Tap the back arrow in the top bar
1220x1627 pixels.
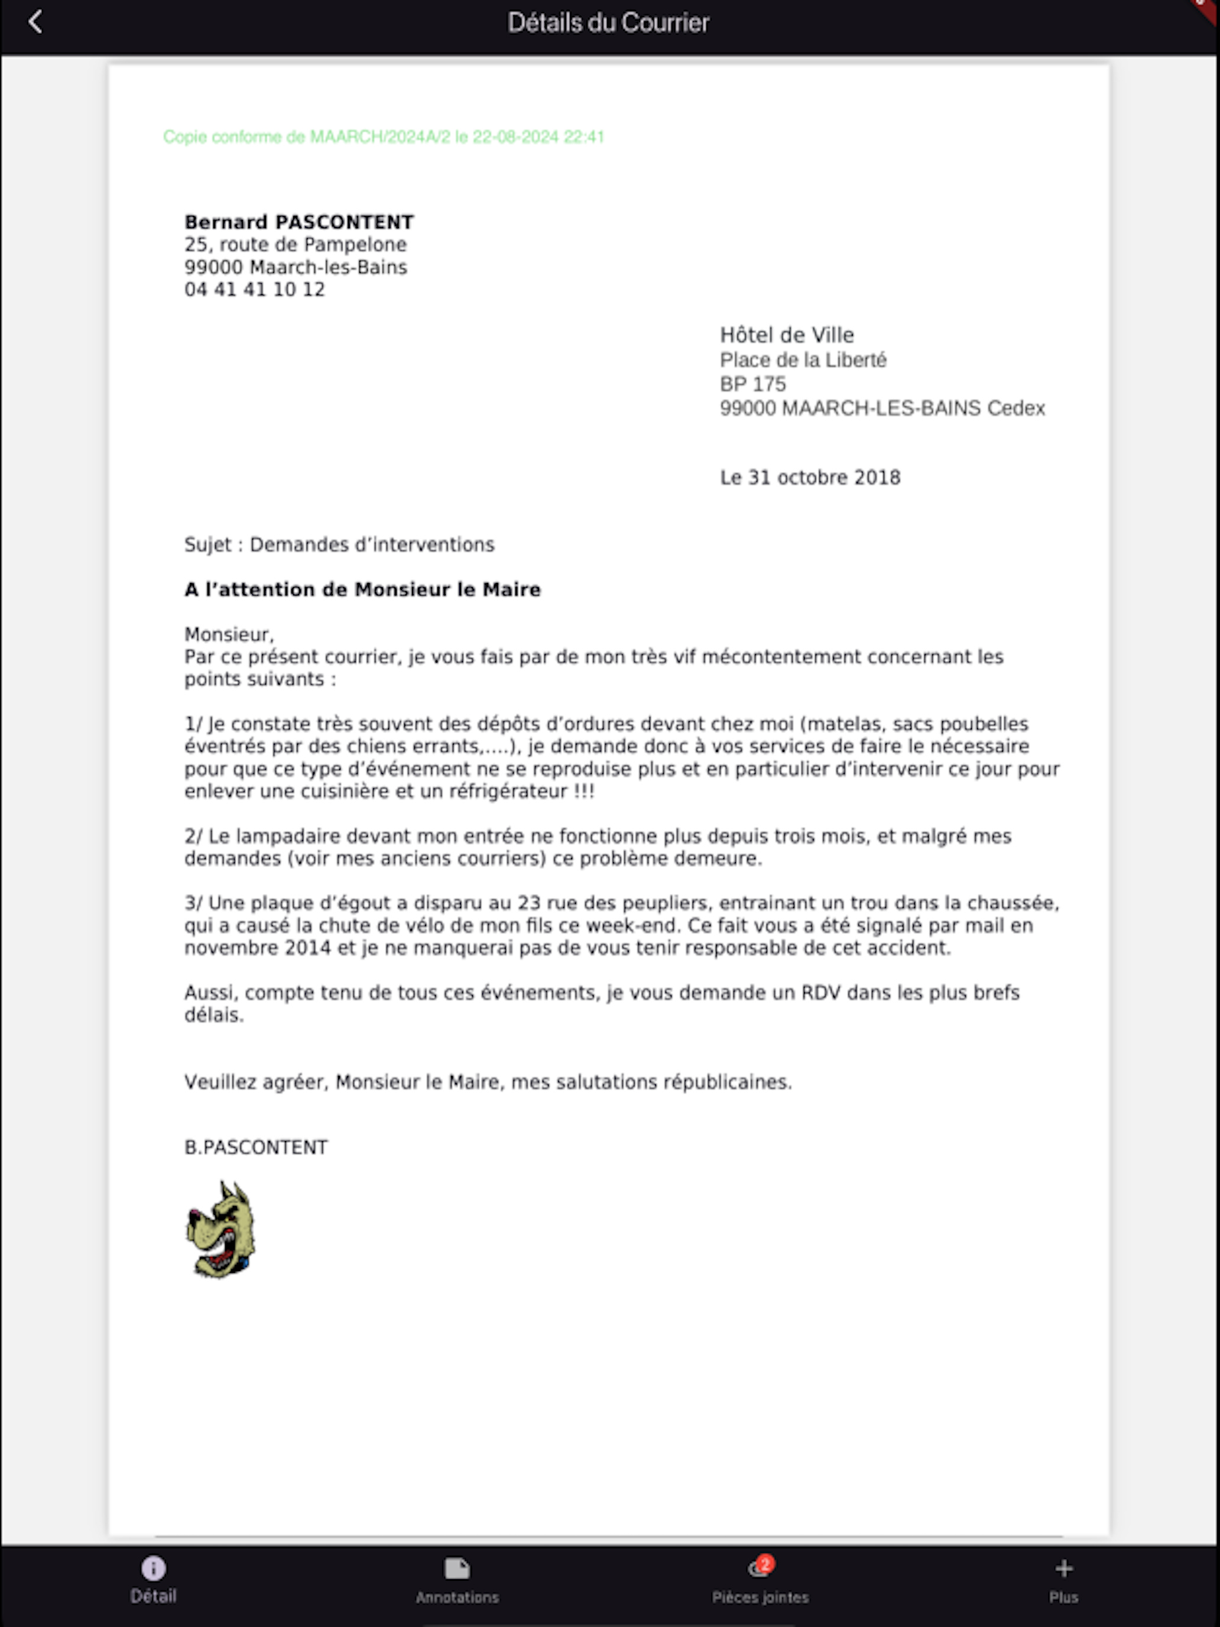coord(34,22)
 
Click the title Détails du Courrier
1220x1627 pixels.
coord(608,23)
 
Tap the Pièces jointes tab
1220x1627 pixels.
coord(760,1580)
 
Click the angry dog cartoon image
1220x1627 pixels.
coord(220,1229)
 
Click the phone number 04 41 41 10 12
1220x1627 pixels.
coord(254,289)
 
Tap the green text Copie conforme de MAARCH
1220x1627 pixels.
coord(383,137)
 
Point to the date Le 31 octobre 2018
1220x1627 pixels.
coord(810,477)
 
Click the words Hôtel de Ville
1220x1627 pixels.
coord(787,335)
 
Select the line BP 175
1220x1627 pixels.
coord(752,384)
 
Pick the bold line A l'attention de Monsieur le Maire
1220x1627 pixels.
coord(362,589)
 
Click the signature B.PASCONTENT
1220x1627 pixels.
coord(256,1148)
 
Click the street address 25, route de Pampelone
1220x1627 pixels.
coord(295,244)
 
